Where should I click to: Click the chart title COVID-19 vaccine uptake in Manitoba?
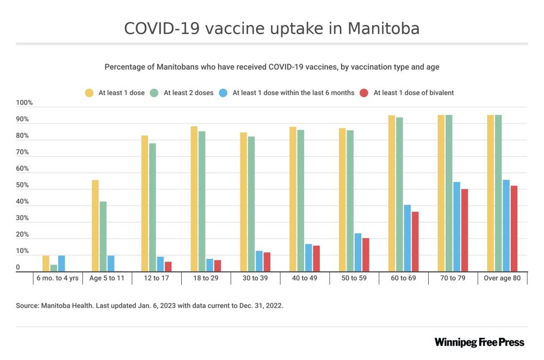271,28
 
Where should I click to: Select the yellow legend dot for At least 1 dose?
89,93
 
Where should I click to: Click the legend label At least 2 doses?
188,93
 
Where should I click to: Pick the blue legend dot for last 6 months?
223,93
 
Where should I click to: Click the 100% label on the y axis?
25,103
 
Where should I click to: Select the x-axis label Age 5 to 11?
107,278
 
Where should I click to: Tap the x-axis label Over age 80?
502,278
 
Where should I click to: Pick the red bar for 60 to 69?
415,241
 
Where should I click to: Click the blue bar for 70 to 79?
456,227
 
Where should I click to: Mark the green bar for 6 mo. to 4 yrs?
54,268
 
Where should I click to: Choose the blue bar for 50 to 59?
358,252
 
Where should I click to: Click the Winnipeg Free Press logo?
479,342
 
